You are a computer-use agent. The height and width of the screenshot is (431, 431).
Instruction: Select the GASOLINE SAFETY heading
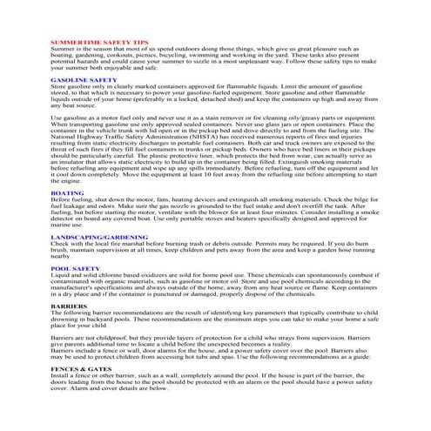click(84, 79)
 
